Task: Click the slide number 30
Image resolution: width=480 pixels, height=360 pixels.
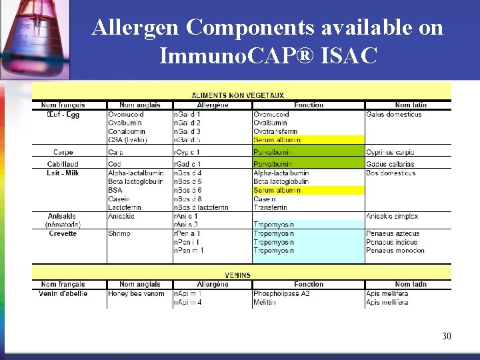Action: (446, 336)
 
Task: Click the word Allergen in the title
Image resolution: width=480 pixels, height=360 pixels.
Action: (137, 27)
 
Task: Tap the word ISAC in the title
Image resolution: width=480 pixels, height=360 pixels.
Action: (349, 56)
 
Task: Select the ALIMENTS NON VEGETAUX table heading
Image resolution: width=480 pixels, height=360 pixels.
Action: (238, 96)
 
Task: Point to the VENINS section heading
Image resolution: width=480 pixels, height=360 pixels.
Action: (238, 275)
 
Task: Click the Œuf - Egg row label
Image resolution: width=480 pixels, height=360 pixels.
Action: (63, 115)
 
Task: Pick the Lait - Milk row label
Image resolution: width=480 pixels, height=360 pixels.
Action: (63, 173)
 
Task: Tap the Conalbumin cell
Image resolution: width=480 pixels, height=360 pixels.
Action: (127, 132)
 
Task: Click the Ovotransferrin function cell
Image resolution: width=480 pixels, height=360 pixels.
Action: (275, 132)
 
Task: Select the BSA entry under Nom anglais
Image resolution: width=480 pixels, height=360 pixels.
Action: (115, 191)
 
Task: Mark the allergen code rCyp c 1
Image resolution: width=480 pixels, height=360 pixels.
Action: (187, 153)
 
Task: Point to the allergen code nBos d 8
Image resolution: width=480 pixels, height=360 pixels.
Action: (187, 199)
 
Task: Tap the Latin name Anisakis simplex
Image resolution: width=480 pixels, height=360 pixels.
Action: (392, 217)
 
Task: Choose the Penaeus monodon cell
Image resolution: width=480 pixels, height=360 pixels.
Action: (395, 251)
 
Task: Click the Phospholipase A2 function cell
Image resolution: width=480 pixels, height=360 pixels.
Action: (281, 294)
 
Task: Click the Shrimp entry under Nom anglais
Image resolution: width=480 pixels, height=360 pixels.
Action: (120, 234)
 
